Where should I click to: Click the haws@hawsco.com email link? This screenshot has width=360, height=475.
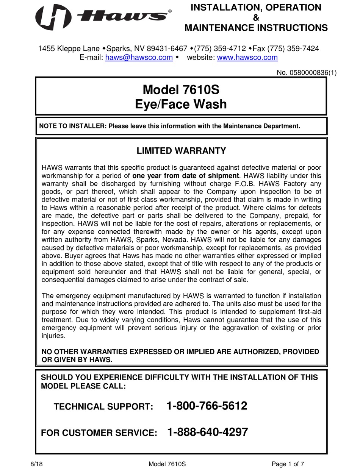coord(139,58)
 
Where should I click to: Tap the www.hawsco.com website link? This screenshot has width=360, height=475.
coord(247,58)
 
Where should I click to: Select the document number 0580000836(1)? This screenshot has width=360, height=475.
coord(307,73)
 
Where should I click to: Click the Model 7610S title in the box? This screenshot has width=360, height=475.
coord(181,90)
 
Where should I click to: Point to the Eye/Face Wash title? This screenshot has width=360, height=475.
coord(181,104)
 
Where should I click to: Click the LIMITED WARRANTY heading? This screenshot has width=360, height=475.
coord(181,151)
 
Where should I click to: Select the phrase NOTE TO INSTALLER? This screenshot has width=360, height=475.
coord(72,126)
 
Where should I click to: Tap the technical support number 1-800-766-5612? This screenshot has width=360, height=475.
coord(207,406)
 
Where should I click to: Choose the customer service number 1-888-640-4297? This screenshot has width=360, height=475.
coord(207,432)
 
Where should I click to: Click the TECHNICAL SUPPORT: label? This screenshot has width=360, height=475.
coord(103,407)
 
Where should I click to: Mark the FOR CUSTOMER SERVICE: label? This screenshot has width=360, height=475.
coord(99,433)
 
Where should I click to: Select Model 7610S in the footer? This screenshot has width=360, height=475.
coord(167,464)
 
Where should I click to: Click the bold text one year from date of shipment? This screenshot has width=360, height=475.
coord(186,176)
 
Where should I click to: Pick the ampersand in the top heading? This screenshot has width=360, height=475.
coord(256,17)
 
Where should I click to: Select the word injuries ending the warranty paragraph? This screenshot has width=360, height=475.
coord(53,336)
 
